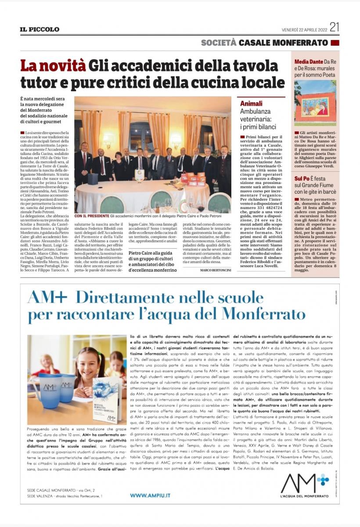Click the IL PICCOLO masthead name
point(39,29)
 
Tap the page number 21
point(335,28)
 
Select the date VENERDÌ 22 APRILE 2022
point(304,29)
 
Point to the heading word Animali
point(252,104)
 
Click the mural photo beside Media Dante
point(315,103)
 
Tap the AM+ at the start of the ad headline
point(47,298)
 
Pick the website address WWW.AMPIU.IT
point(150,495)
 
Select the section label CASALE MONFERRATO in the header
point(283,43)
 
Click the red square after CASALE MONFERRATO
point(335,43)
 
